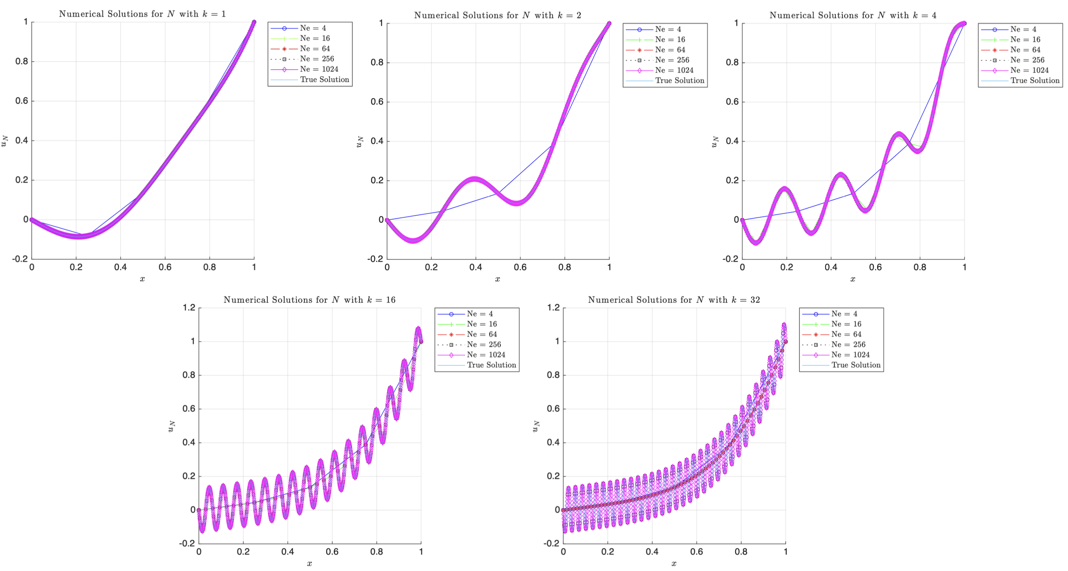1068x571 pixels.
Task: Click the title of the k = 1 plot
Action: tap(142, 14)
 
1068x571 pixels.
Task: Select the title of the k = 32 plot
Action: tap(674, 300)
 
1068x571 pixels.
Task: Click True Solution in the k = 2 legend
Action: tap(680, 81)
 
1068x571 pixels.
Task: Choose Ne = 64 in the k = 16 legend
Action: tap(481, 334)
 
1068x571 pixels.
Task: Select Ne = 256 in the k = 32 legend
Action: tap(848, 345)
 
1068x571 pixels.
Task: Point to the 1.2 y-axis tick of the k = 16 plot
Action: tap(189, 307)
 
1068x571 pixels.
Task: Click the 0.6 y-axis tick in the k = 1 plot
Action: tap(21, 101)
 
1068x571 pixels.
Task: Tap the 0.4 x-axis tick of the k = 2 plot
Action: tap(475, 267)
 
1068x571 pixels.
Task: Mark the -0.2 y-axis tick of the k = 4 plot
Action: tap(730, 259)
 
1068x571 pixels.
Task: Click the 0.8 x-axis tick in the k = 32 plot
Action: tap(741, 552)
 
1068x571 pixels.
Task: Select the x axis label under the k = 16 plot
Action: tap(310, 564)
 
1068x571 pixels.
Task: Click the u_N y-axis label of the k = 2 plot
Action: tap(360, 141)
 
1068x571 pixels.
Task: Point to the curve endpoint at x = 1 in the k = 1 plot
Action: tap(254, 22)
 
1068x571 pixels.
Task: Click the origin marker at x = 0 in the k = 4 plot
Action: tap(742, 220)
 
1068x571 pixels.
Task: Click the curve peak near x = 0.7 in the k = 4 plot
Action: tap(898, 134)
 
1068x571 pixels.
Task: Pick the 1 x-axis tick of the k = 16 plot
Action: tap(421, 552)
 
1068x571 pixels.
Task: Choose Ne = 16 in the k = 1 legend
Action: tap(315, 38)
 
